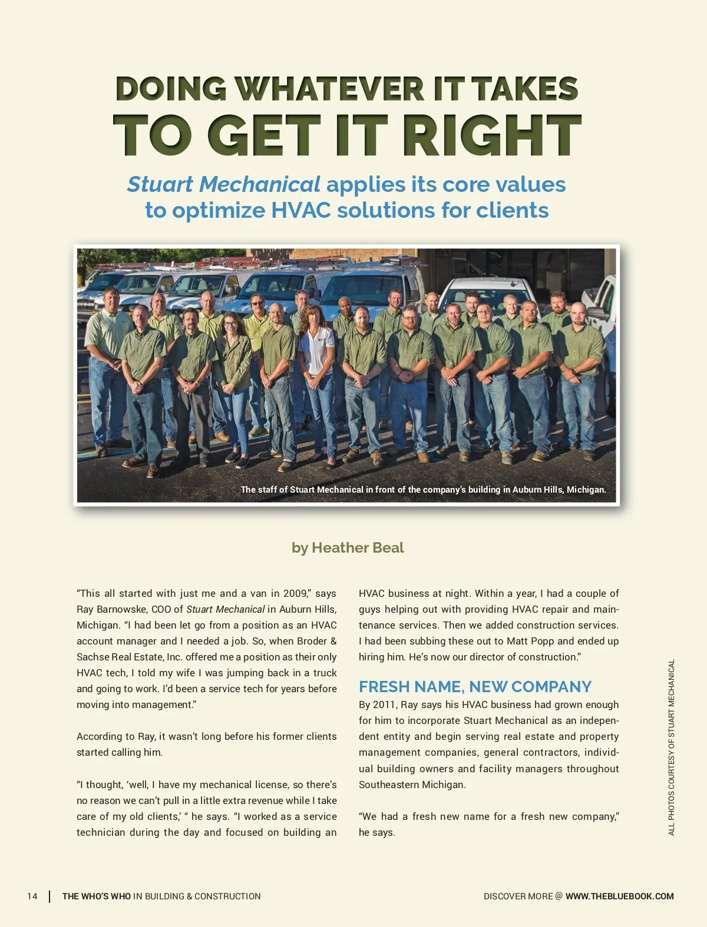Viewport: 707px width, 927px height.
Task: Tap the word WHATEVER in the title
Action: tap(329, 89)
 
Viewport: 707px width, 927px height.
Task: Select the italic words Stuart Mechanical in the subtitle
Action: tap(224, 184)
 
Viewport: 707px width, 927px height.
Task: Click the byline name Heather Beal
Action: tap(358, 548)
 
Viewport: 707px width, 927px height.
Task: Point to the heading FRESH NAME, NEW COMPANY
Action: tap(475, 687)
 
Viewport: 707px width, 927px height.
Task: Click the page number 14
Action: tap(32, 896)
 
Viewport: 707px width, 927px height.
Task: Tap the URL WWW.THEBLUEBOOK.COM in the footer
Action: tap(619, 896)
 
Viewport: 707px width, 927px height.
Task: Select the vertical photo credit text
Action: tap(671, 747)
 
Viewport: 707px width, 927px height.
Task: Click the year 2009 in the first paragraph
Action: tap(295, 593)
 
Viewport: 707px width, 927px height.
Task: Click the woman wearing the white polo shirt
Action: tap(317, 377)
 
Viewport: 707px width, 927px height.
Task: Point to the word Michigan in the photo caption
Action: tap(586, 490)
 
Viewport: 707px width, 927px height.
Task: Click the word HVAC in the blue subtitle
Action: tap(294, 210)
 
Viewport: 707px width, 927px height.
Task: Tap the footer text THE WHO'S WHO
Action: tap(97, 896)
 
